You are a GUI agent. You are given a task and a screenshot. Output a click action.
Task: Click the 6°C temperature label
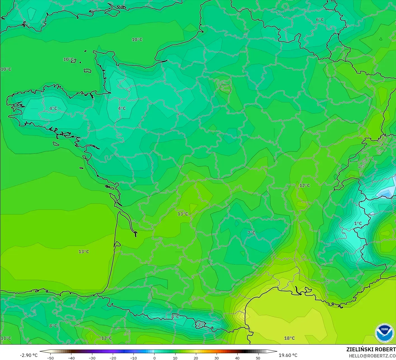[320, 20]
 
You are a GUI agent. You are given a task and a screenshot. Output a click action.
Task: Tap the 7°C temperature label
[251, 233]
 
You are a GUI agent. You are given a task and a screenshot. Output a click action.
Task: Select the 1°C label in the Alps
[358, 223]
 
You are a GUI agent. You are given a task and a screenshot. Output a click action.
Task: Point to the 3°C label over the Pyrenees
[175, 316]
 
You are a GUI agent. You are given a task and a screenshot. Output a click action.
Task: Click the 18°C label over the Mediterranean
[289, 338]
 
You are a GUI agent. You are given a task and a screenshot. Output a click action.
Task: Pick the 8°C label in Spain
[53, 326]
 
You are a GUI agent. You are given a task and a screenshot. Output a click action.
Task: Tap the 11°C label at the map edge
[6, 338]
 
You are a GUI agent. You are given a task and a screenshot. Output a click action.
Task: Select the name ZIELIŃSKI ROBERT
[371, 349]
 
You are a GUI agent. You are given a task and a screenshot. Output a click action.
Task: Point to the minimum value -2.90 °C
[29, 355]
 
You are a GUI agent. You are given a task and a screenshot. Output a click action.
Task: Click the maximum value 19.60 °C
[288, 355]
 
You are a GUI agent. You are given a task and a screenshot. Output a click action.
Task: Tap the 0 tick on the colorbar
[154, 358]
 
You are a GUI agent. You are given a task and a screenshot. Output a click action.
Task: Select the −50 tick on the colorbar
[50, 358]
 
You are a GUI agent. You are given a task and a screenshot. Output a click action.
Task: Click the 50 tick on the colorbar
[258, 358]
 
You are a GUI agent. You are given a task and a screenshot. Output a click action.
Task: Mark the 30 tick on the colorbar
[216, 358]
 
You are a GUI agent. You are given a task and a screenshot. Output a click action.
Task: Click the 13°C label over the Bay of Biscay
[83, 251]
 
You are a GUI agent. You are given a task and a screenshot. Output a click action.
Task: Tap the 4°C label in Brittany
[53, 108]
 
